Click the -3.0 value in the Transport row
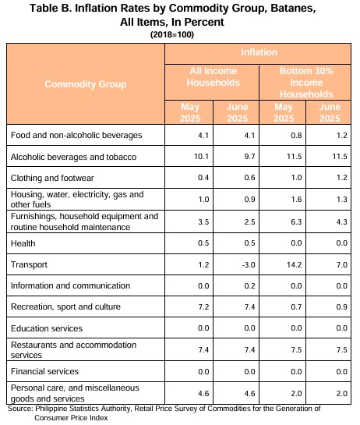(x=249, y=264)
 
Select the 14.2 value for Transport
(x=295, y=264)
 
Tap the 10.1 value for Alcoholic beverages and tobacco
(x=201, y=157)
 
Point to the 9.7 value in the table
(x=249, y=157)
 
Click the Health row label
(x=23, y=243)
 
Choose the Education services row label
(x=47, y=328)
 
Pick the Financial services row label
(x=44, y=371)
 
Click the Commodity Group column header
(x=86, y=84)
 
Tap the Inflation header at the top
(x=259, y=52)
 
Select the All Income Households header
(x=214, y=76)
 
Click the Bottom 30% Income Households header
(x=306, y=83)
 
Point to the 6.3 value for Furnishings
(x=296, y=222)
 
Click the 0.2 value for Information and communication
(x=249, y=285)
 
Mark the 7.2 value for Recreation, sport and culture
(x=203, y=306)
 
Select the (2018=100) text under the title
(x=172, y=34)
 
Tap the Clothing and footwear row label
(x=52, y=178)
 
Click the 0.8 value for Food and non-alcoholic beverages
(x=296, y=135)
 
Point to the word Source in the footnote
(x=20, y=409)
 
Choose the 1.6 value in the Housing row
(x=296, y=199)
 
